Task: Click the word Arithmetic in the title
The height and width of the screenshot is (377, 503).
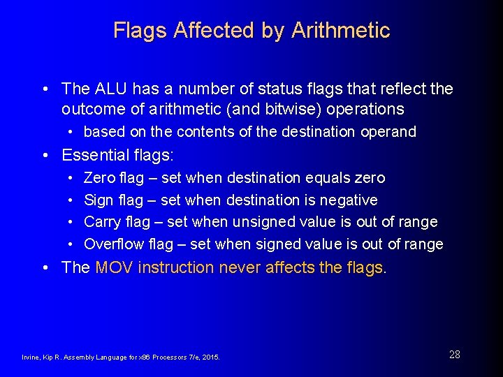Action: (340, 31)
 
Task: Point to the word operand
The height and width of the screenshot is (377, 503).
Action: (388, 132)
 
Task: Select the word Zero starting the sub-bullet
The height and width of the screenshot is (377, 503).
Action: (99, 178)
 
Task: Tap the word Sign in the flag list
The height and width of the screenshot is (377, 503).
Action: (99, 200)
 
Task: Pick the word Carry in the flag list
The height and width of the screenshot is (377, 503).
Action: (101, 222)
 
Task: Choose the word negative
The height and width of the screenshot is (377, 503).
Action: (349, 200)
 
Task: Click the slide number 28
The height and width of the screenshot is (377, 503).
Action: (454, 355)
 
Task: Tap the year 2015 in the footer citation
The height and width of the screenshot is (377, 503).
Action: (210, 357)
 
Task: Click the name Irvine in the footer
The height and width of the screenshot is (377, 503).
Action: (31, 357)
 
